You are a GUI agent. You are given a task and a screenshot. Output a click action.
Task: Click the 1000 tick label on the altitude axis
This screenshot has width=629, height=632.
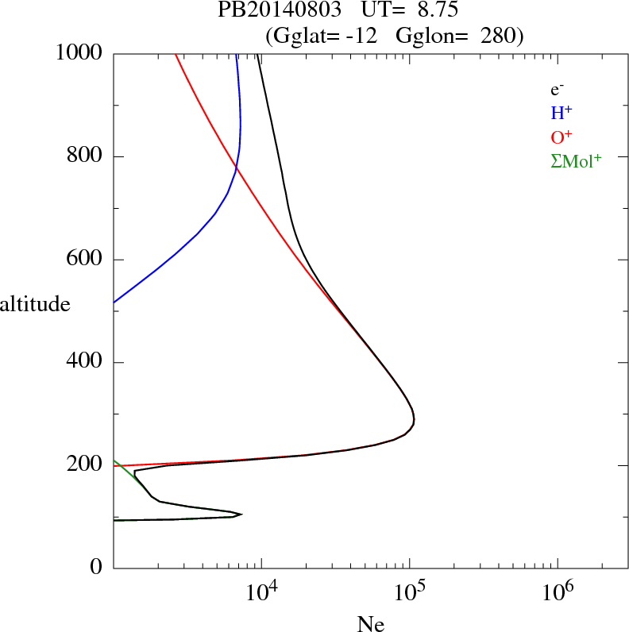[x=80, y=53]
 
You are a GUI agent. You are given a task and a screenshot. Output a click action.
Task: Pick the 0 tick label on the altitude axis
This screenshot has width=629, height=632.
[x=98, y=568]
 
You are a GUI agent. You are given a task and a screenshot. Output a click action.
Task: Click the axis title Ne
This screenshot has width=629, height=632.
[x=370, y=624]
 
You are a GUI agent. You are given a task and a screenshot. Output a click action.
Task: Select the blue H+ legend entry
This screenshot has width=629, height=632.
[x=561, y=114]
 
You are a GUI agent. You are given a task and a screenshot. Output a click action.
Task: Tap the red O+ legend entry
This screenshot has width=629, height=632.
[x=561, y=137]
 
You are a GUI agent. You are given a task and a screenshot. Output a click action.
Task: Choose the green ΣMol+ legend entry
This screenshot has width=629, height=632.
[x=576, y=161]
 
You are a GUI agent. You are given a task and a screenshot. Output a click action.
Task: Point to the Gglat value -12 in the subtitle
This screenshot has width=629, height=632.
[x=365, y=36]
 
